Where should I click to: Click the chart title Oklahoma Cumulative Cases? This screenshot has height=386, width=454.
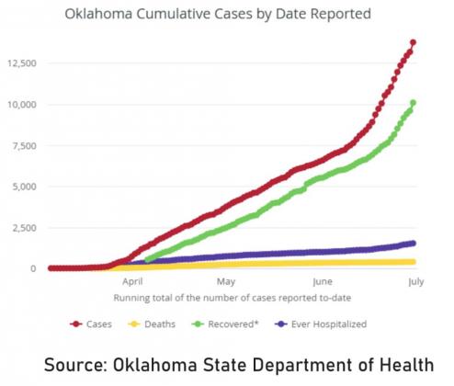click(x=218, y=14)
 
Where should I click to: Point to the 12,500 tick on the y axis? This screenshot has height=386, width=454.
click(x=22, y=63)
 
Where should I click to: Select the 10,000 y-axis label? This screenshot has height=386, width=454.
click(x=22, y=105)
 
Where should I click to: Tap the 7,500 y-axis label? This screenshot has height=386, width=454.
click(x=24, y=146)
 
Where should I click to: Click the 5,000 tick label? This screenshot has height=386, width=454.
click(x=24, y=187)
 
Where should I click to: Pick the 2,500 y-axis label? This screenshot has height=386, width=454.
click(x=24, y=228)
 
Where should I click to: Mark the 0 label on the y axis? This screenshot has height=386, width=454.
click(x=33, y=268)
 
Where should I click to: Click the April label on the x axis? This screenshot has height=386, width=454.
click(x=132, y=281)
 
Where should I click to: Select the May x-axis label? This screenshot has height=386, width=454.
click(x=226, y=281)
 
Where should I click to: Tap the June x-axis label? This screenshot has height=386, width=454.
click(x=323, y=281)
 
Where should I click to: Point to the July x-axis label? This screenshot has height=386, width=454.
click(x=416, y=281)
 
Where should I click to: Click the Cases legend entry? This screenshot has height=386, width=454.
click(x=91, y=324)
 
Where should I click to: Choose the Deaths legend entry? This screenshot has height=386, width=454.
click(x=152, y=324)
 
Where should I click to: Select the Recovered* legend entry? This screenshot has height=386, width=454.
click(x=225, y=324)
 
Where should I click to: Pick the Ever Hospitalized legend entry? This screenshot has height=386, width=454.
click(x=321, y=324)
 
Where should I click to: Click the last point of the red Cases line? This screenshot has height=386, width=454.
click(x=413, y=42)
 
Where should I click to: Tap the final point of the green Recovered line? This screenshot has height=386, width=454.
click(x=413, y=103)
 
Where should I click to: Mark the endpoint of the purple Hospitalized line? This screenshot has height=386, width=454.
click(x=414, y=243)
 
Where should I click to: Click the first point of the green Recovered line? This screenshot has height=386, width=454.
click(x=147, y=260)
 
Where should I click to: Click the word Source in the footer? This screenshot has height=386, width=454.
click(x=75, y=365)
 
